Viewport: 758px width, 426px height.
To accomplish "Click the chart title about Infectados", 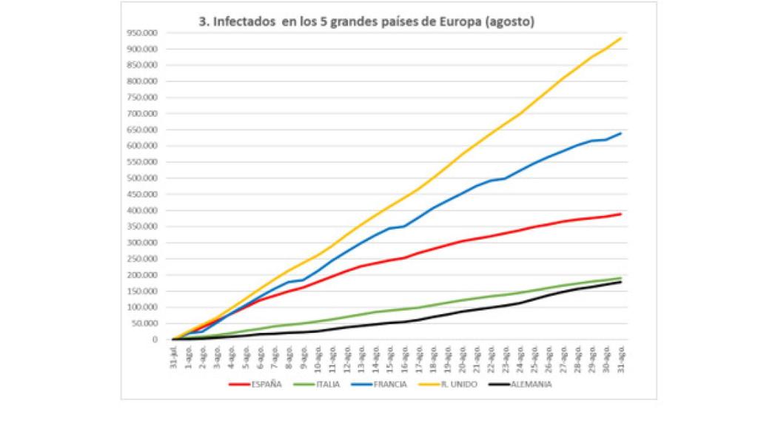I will click(366, 22).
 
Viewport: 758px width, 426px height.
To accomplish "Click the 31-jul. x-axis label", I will click(173, 356).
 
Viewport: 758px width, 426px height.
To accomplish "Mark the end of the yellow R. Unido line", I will click(620, 38).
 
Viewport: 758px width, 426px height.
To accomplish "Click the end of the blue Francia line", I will click(620, 133).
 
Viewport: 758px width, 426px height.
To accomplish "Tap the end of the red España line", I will click(620, 214).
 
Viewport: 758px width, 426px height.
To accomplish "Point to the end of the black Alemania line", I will click(620, 282).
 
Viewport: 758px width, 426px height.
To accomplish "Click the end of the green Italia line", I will click(620, 278).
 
